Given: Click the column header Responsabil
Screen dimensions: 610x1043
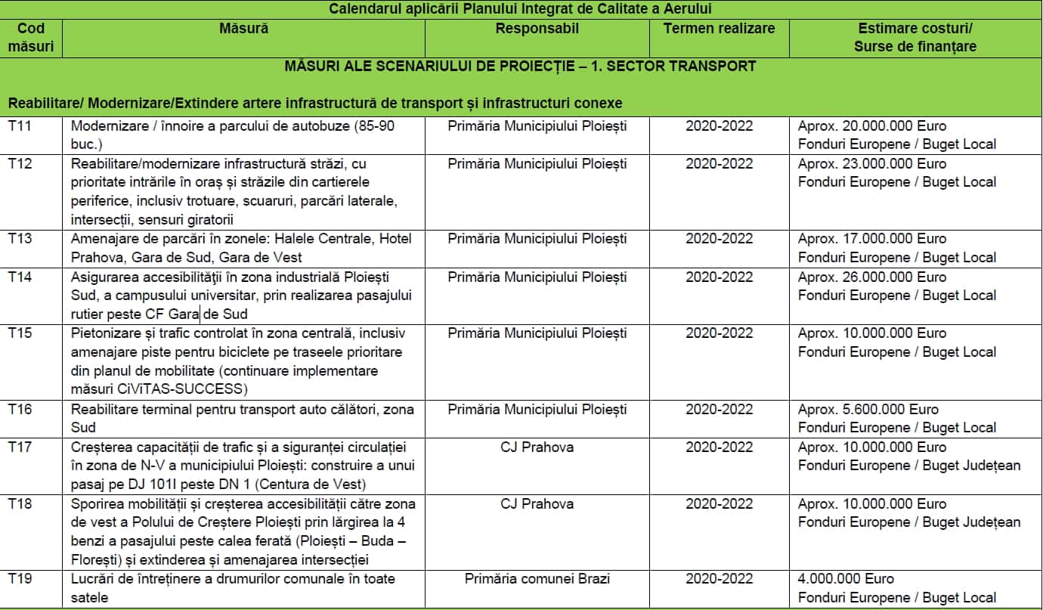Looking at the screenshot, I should tap(537, 29).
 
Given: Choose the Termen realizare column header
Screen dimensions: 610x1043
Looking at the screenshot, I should tap(719, 29).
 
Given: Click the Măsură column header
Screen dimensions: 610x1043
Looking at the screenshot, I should tap(243, 29).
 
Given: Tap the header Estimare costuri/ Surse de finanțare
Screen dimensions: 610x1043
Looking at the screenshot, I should tap(915, 37).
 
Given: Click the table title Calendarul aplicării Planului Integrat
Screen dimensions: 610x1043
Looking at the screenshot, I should tap(521, 9).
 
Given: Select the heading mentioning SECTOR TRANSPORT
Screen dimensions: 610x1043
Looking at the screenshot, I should tap(521, 66).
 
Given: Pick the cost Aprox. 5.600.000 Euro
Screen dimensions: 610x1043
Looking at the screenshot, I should tap(868, 409).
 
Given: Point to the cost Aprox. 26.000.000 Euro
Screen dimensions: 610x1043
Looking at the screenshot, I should tap(871, 277).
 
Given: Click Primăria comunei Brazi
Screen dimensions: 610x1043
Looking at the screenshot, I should tap(537, 578).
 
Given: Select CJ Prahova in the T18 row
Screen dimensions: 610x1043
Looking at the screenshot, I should tap(537, 503).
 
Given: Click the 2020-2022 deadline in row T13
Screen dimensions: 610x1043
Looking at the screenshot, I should tap(719, 238).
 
